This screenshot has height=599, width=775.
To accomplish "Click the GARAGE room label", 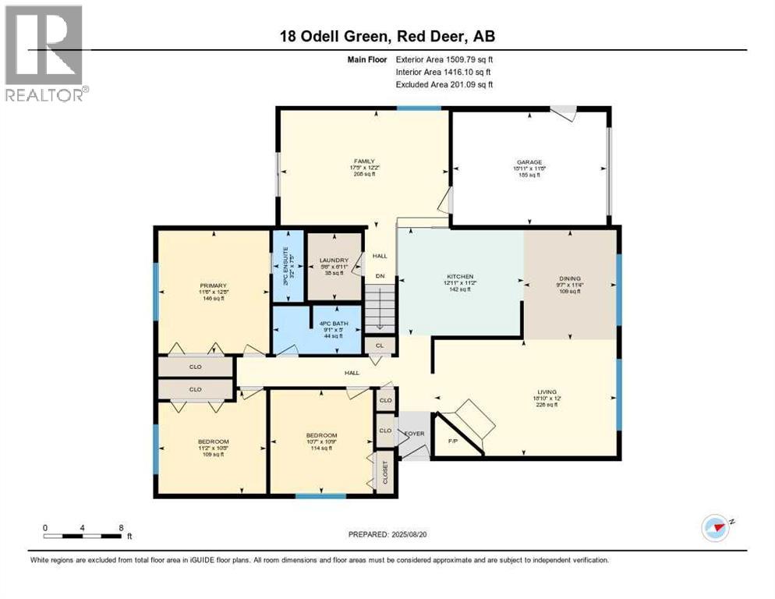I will coord(527,162).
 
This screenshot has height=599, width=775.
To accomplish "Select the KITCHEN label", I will coord(460,277).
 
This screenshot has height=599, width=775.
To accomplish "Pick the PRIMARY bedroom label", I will coord(212,285).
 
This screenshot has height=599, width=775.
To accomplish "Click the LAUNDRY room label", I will coord(334,261).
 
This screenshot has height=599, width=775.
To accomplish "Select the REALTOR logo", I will coord(44,55).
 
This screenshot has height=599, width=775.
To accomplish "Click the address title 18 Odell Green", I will coord(387,36).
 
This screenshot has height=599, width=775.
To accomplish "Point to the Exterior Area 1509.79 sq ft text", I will coord(444,58).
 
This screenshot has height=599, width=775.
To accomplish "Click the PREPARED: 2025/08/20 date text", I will coord(387,534).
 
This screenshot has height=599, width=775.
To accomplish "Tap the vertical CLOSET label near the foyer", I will coord(384,473).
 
